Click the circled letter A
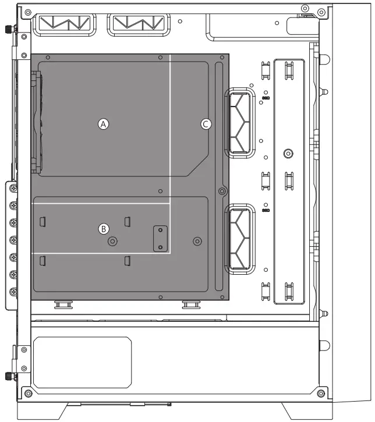point(103,124)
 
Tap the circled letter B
point(104,229)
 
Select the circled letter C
point(206,124)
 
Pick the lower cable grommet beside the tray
point(239,239)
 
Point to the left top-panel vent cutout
point(64,25)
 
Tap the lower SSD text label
point(266,210)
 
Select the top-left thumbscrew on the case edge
point(9,30)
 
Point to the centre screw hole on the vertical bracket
point(288,154)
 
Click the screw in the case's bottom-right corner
point(320,391)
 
